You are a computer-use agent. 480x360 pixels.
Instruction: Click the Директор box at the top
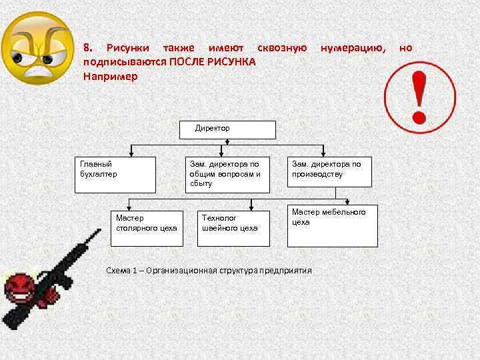click(x=227, y=129)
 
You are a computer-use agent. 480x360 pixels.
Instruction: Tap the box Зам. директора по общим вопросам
click(x=227, y=175)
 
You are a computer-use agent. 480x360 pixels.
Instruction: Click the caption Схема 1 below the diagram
click(x=209, y=270)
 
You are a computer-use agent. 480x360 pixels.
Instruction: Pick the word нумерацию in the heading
click(x=353, y=48)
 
